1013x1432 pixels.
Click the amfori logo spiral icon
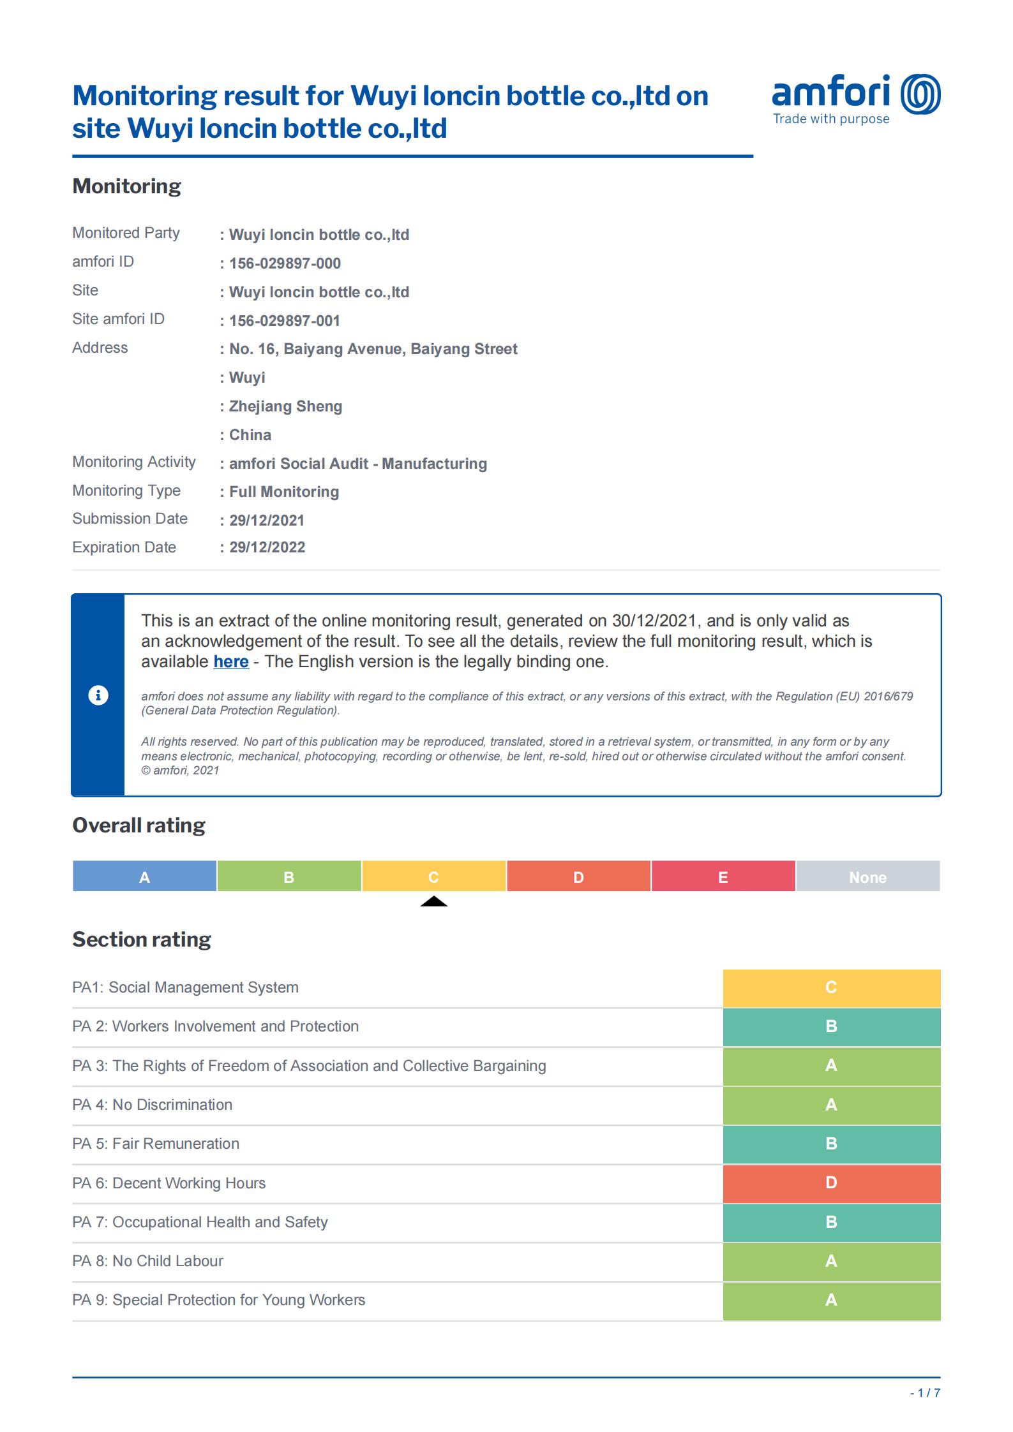[x=920, y=94]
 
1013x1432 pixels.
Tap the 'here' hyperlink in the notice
[x=231, y=661]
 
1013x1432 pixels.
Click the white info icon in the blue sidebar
[x=98, y=695]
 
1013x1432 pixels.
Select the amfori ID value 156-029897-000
[x=285, y=263]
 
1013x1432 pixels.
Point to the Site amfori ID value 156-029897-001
[x=285, y=321]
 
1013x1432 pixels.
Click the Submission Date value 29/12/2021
[x=267, y=520]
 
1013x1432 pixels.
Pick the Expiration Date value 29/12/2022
[x=267, y=547]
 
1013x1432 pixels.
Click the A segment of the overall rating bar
[x=144, y=876]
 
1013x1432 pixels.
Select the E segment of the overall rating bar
[x=723, y=876]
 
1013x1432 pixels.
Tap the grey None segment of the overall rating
[x=867, y=876]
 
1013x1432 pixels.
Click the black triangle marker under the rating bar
[x=433, y=901]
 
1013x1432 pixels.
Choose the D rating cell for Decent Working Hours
[x=831, y=1183]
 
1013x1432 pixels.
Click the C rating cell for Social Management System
[x=831, y=987]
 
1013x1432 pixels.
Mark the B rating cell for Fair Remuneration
[x=831, y=1144]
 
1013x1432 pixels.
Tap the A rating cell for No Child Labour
[x=831, y=1261]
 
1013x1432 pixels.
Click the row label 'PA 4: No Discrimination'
[x=152, y=1105]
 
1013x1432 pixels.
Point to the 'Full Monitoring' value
[x=284, y=492]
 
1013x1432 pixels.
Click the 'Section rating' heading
[x=141, y=940]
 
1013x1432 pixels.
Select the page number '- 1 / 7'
[x=925, y=1393]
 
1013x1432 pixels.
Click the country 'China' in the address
[x=250, y=435]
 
